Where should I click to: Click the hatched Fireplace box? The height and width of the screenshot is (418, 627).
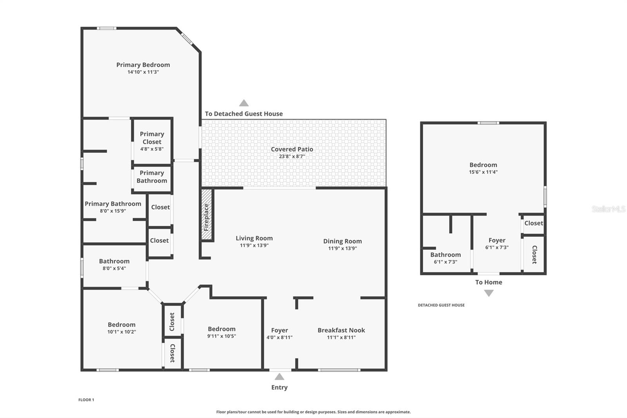coord(207,215)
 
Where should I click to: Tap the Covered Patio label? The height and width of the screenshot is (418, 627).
coord(292,149)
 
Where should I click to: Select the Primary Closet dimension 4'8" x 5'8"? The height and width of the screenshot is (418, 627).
coord(152,149)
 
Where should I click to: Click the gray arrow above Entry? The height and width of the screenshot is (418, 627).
coord(279,377)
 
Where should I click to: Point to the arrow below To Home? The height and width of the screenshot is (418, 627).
coord(489,293)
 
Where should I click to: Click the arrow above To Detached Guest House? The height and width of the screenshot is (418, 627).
coord(244,103)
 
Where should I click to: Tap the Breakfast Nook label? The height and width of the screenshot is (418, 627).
coord(341,330)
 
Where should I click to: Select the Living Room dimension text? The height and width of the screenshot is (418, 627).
coord(254,245)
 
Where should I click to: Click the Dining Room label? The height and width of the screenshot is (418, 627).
coord(342,241)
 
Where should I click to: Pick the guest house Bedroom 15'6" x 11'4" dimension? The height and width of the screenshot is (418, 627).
coord(483,172)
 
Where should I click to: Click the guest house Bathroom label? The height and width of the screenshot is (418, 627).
coord(445,254)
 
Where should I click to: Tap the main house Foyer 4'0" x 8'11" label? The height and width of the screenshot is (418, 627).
coord(279,330)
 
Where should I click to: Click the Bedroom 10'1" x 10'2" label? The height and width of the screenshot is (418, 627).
coord(121,325)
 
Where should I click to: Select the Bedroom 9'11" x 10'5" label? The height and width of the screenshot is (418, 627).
coord(221,329)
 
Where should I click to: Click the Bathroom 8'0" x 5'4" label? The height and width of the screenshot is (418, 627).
coord(114,261)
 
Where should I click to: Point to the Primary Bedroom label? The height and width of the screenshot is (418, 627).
coord(143,65)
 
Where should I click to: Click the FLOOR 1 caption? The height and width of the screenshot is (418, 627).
coord(86,400)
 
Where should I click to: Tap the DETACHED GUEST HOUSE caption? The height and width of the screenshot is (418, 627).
coord(441,305)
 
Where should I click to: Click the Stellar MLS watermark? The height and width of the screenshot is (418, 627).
coord(608,209)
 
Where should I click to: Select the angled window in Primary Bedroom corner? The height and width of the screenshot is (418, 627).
coord(187,38)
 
